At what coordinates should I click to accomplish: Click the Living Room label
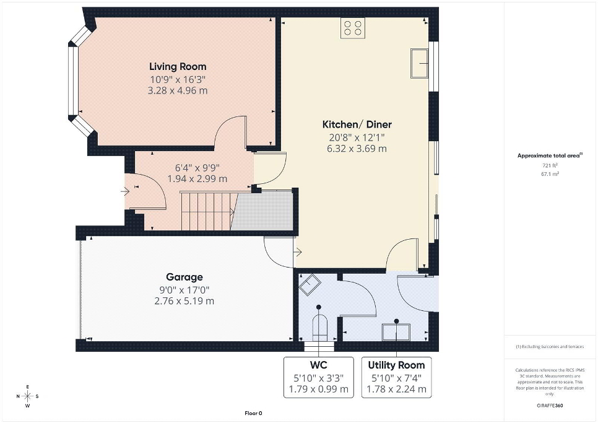[x=178, y=66]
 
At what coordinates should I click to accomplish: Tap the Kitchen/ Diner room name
[x=357, y=124]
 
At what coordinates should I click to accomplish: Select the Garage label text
[x=184, y=277]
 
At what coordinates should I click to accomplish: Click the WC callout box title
[x=318, y=365]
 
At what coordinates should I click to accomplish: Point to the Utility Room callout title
[x=396, y=365]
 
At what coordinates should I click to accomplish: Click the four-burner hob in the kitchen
[x=353, y=28]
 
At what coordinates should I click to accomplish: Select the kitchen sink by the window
[x=420, y=63]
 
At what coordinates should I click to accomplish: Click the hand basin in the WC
[x=310, y=284]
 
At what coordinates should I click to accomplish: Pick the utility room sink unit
[x=396, y=332]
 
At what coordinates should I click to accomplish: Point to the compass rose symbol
[x=28, y=396]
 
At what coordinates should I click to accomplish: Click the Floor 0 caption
[x=253, y=413]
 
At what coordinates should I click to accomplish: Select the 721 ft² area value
[x=550, y=165]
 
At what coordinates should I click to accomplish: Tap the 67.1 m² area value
[x=550, y=174]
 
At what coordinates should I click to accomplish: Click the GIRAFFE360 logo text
[x=550, y=406]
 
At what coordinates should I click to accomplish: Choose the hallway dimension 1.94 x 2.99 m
[x=197, y=178]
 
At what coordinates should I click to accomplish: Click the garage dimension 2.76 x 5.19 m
[x=184, y=301]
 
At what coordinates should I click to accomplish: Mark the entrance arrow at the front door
[x=125, y=191]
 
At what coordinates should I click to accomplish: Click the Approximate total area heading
[x=550, y=155]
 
